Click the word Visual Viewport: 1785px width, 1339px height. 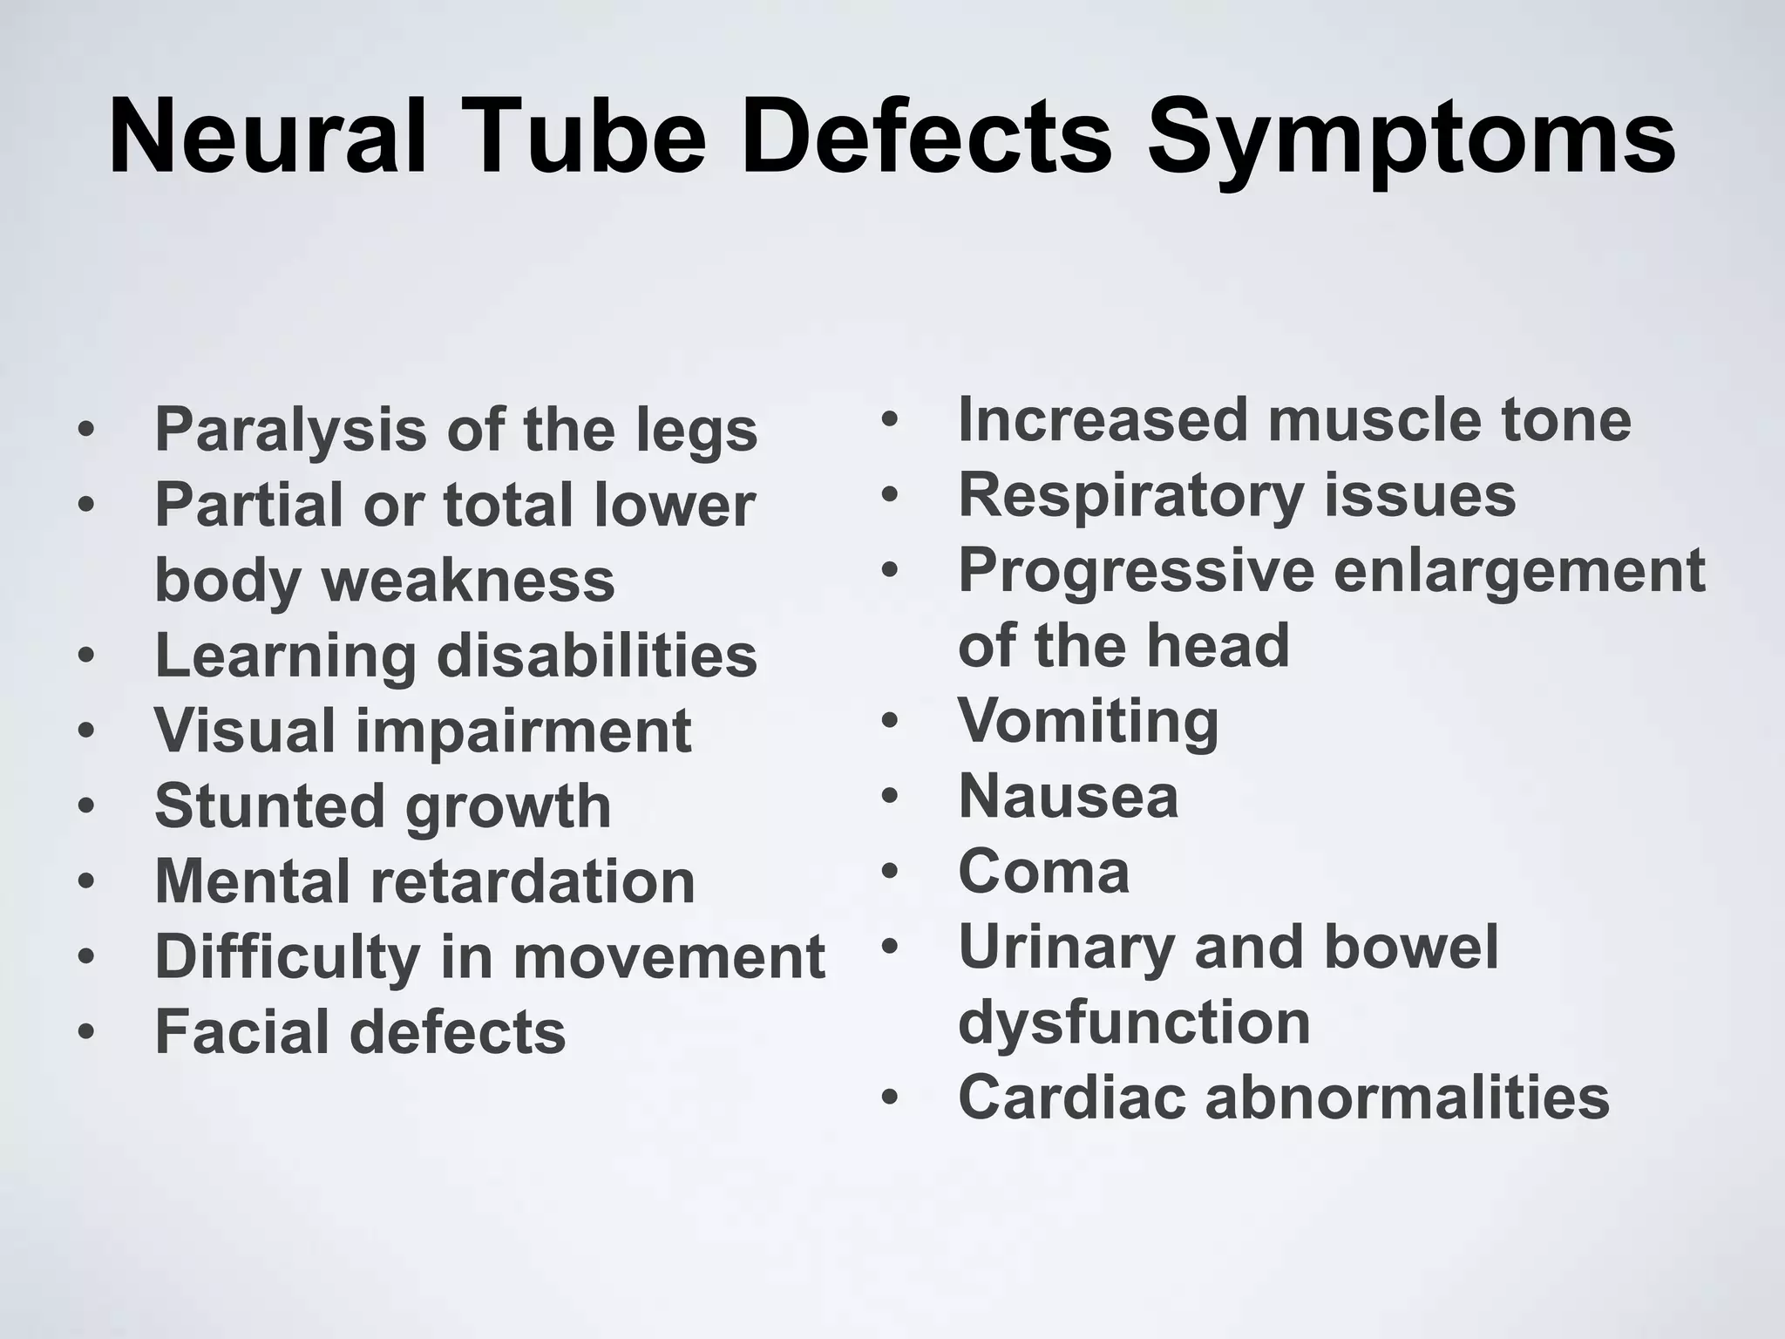click(x=245, y=731)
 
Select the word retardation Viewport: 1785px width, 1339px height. click(x=533, y=881)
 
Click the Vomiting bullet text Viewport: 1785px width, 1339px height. click(x=1088, y=723)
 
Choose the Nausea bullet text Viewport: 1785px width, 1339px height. click(x=1068, y=797)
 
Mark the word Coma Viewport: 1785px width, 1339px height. click(x=1043, y=872)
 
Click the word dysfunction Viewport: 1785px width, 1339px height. click(x=1134, y=1023)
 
